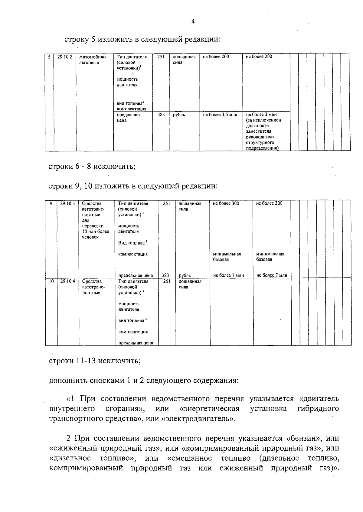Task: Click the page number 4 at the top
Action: point(193,21)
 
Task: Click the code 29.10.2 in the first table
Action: point(65,57)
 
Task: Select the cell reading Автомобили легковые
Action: point(92,60)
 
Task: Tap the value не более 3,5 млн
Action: point(220,115)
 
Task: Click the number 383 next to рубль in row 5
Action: point(161,115)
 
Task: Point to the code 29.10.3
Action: point(67,203)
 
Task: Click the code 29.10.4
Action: point(67,281)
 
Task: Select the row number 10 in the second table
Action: point(51,281)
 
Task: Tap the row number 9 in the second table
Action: point(51,203)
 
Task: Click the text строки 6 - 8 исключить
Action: point(92,167)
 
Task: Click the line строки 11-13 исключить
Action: point(95,361)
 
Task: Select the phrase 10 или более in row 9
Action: point(96,232)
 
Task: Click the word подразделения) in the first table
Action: point(262,148)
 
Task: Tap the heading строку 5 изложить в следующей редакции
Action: point(142,40)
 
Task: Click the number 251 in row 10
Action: point(167,281)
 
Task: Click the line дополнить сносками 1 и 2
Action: point(144,380)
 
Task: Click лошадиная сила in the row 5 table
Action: point(184,60)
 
